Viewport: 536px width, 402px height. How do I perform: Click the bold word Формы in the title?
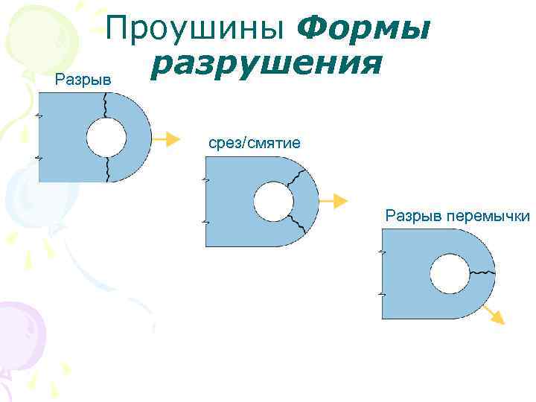pyautogui.click(x=365, y=31)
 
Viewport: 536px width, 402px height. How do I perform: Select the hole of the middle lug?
pyautogui.click(x=271, y=201)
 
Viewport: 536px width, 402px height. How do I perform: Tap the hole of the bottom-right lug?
pyautogui.click(x=447, y=272)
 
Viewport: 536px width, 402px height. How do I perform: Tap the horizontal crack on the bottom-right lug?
pyautogui.click(x=481, y=272)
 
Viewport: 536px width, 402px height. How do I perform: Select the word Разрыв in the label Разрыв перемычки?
pyautogui.click(x=412, y=217)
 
